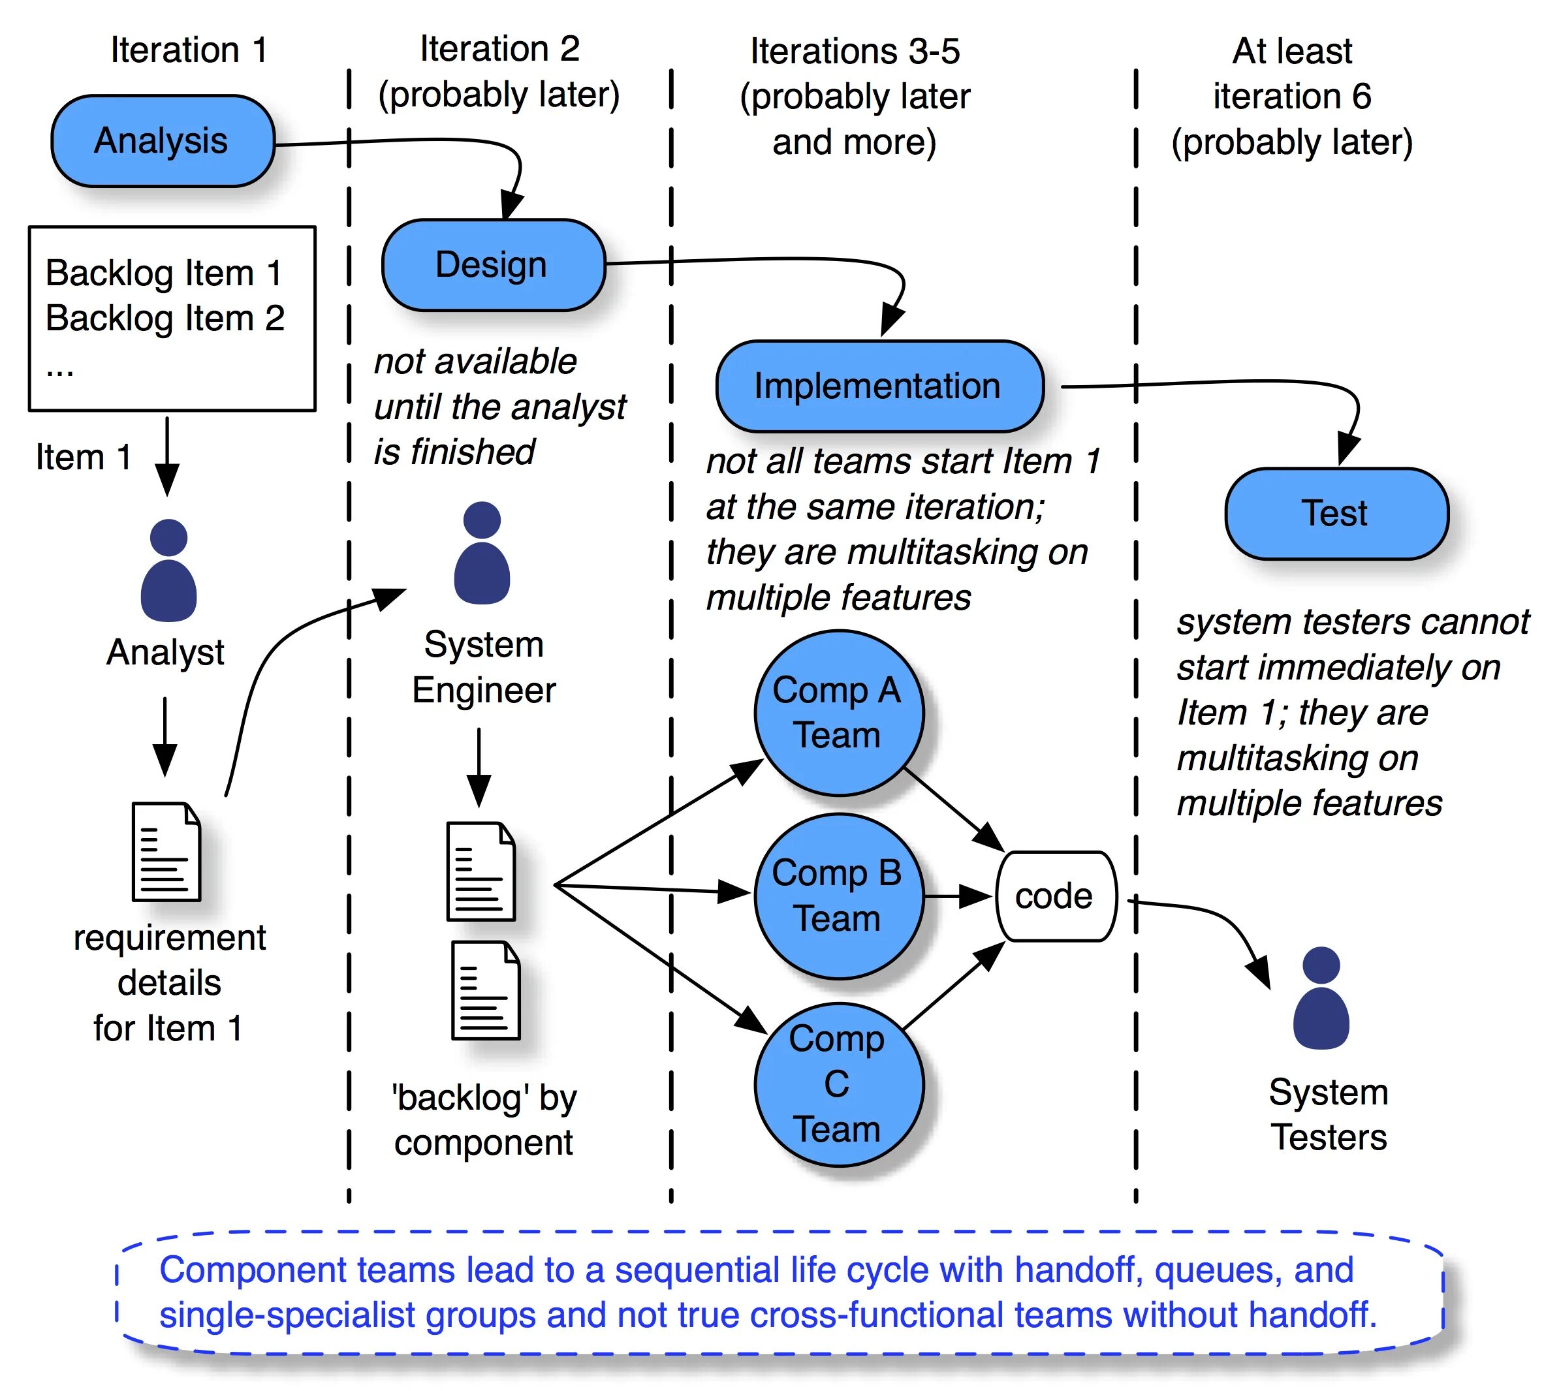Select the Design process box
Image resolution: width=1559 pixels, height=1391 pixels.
[493, 265]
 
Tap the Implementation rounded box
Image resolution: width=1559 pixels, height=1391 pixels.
[879, 386]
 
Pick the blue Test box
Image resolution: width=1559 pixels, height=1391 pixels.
[1336, 513]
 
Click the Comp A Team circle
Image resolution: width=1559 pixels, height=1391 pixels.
[838, 712]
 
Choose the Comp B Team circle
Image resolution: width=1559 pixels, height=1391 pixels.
[838, 896]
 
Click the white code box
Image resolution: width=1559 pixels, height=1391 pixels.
[1054, 896]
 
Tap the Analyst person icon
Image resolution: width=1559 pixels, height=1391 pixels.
[169, 571]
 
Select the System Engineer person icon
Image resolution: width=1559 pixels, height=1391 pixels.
[481, 554]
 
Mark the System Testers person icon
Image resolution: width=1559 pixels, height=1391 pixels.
[1321, 998]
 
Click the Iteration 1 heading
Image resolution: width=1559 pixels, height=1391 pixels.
[189, 50]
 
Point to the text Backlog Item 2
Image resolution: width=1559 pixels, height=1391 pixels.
[165, 318]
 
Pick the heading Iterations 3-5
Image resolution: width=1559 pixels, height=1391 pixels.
[855, 52]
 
